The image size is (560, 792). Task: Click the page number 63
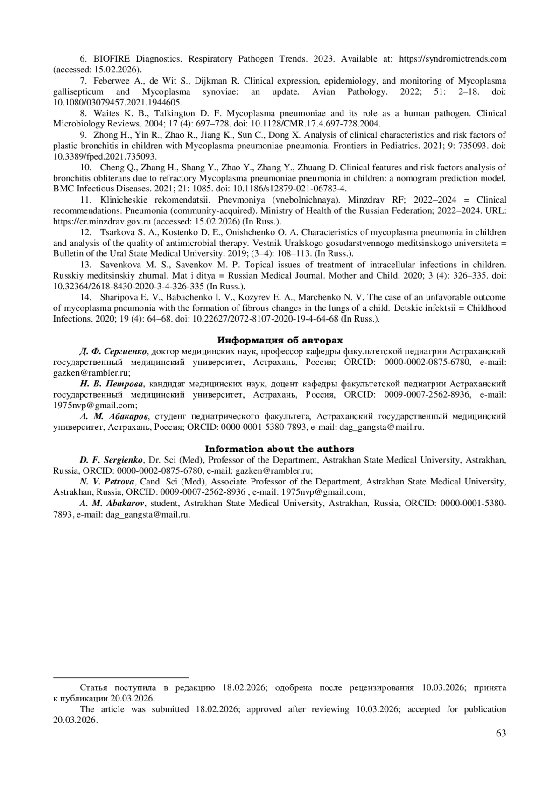[501, 733]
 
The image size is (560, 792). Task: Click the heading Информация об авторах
[280, 340]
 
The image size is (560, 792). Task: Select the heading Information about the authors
[280, 449]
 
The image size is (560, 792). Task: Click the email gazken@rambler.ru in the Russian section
[91, 373]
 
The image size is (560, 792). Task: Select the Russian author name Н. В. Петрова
[111, 384]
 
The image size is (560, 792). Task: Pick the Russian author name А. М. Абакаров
[114, 416]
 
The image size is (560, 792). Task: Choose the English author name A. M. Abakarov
[112, 503]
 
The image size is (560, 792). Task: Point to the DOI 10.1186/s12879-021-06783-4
[289, 189]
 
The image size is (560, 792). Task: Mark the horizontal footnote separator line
[121, 677]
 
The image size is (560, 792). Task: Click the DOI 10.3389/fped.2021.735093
[105, 156]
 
